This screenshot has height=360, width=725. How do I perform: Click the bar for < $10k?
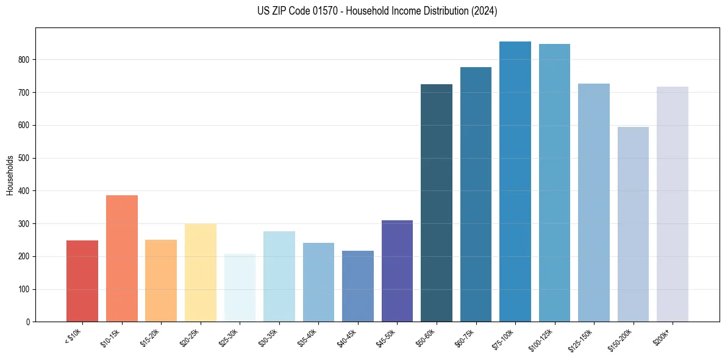click(82, 281)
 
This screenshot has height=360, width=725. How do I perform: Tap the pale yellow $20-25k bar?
click(201, 272)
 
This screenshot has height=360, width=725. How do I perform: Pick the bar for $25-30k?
click(240, 287)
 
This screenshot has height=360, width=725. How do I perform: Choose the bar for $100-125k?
click(554, 182)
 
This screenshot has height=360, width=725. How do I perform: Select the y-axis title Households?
click(10, 175)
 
